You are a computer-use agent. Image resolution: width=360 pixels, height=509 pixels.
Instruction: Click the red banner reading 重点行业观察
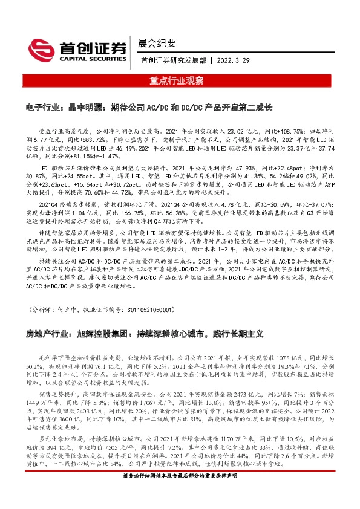pyautogui.click(x=180, y=80)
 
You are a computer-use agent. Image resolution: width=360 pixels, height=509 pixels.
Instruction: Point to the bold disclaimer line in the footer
pyautogui.click(x=180, y=493)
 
